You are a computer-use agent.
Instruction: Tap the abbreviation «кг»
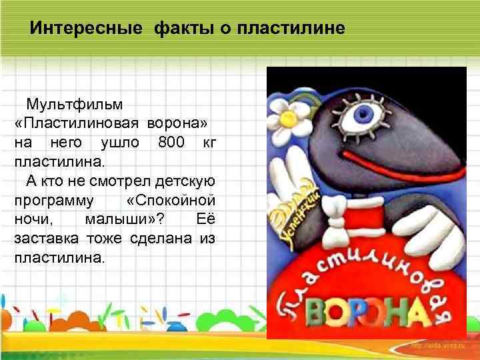click(209, 142)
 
